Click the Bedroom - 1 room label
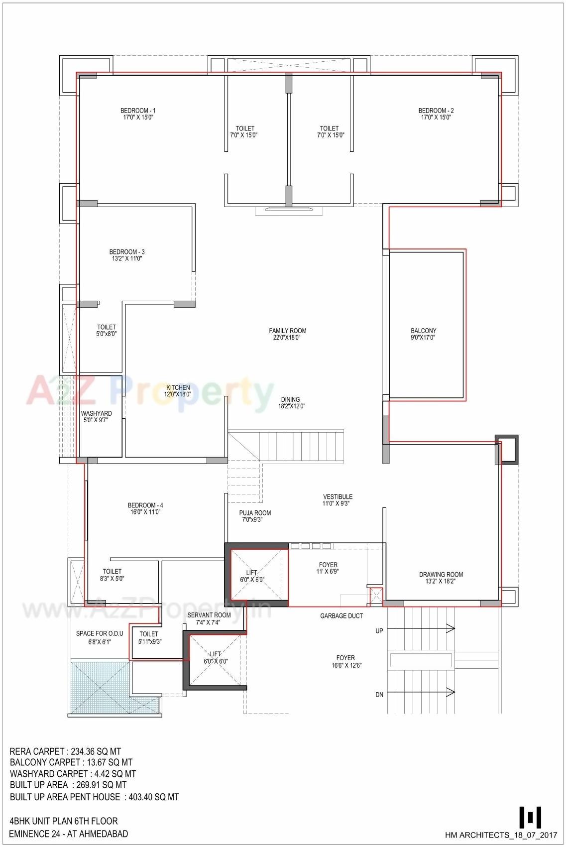[x=138, y=114]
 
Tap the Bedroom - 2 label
[x=436, y=114]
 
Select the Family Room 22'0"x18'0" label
[x=287, y=334]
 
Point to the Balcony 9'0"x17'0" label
[x=423, y=334]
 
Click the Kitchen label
[x=178, y=391]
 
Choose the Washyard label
[x=96, y=417]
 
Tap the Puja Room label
[x=255, y=516]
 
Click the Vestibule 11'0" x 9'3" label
[x=338, y=500]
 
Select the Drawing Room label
[x=441, y=578]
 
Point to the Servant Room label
[x=209, y=618]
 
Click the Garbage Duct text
[x=341, y=616]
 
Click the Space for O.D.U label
[x=100, y=637]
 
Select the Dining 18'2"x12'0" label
[x=291, y=403]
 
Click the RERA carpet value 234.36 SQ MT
[x=94, y=751]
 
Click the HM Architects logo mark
[x=530, y=817]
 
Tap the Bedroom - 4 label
[x=145, y=508]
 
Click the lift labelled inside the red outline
[x=252, y=576]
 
